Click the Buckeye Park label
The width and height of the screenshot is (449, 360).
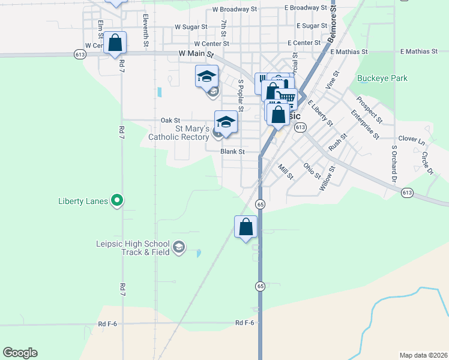pyautogui.click(x=382, y=78)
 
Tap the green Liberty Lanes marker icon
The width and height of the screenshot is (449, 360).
pyautogui.click(x=118, y=201)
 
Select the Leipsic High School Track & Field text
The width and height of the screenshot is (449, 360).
pyautogui.click(x=133, y=248)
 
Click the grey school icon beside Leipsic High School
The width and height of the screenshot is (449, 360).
pyautogui.click(x=179, y=247)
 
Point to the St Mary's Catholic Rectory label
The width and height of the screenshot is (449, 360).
pyautogui.click(x=179, y=133)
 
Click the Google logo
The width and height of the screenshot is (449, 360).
pyautogui.click(x=20, y=353)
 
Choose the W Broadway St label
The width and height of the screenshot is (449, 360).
pyautogui.click(x=234, y=10)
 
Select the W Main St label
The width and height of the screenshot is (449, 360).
pyautogui.click(x=196, y=54)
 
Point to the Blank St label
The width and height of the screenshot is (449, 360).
pyautogui.click(x=232, y=152)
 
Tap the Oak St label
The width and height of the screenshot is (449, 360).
pyautogui.click(x=170, y=121)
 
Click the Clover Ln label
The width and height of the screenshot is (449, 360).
pyautogui.click(x=411, y=139)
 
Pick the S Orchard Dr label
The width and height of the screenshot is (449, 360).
pyautogui.click(x=394, y=163)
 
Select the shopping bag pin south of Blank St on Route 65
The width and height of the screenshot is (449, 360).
pyautogui.click(x=246, y=227)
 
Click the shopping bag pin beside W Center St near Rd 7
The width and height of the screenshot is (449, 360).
pyautogui.click(x=115, y=43)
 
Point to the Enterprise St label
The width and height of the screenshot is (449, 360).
pyautogui.click(x=365, y=124)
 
